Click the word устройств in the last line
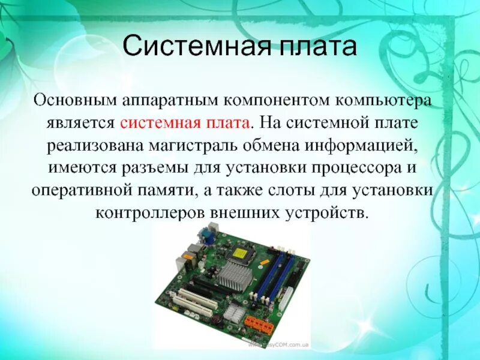pyautogui.click(x=328, y=213)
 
